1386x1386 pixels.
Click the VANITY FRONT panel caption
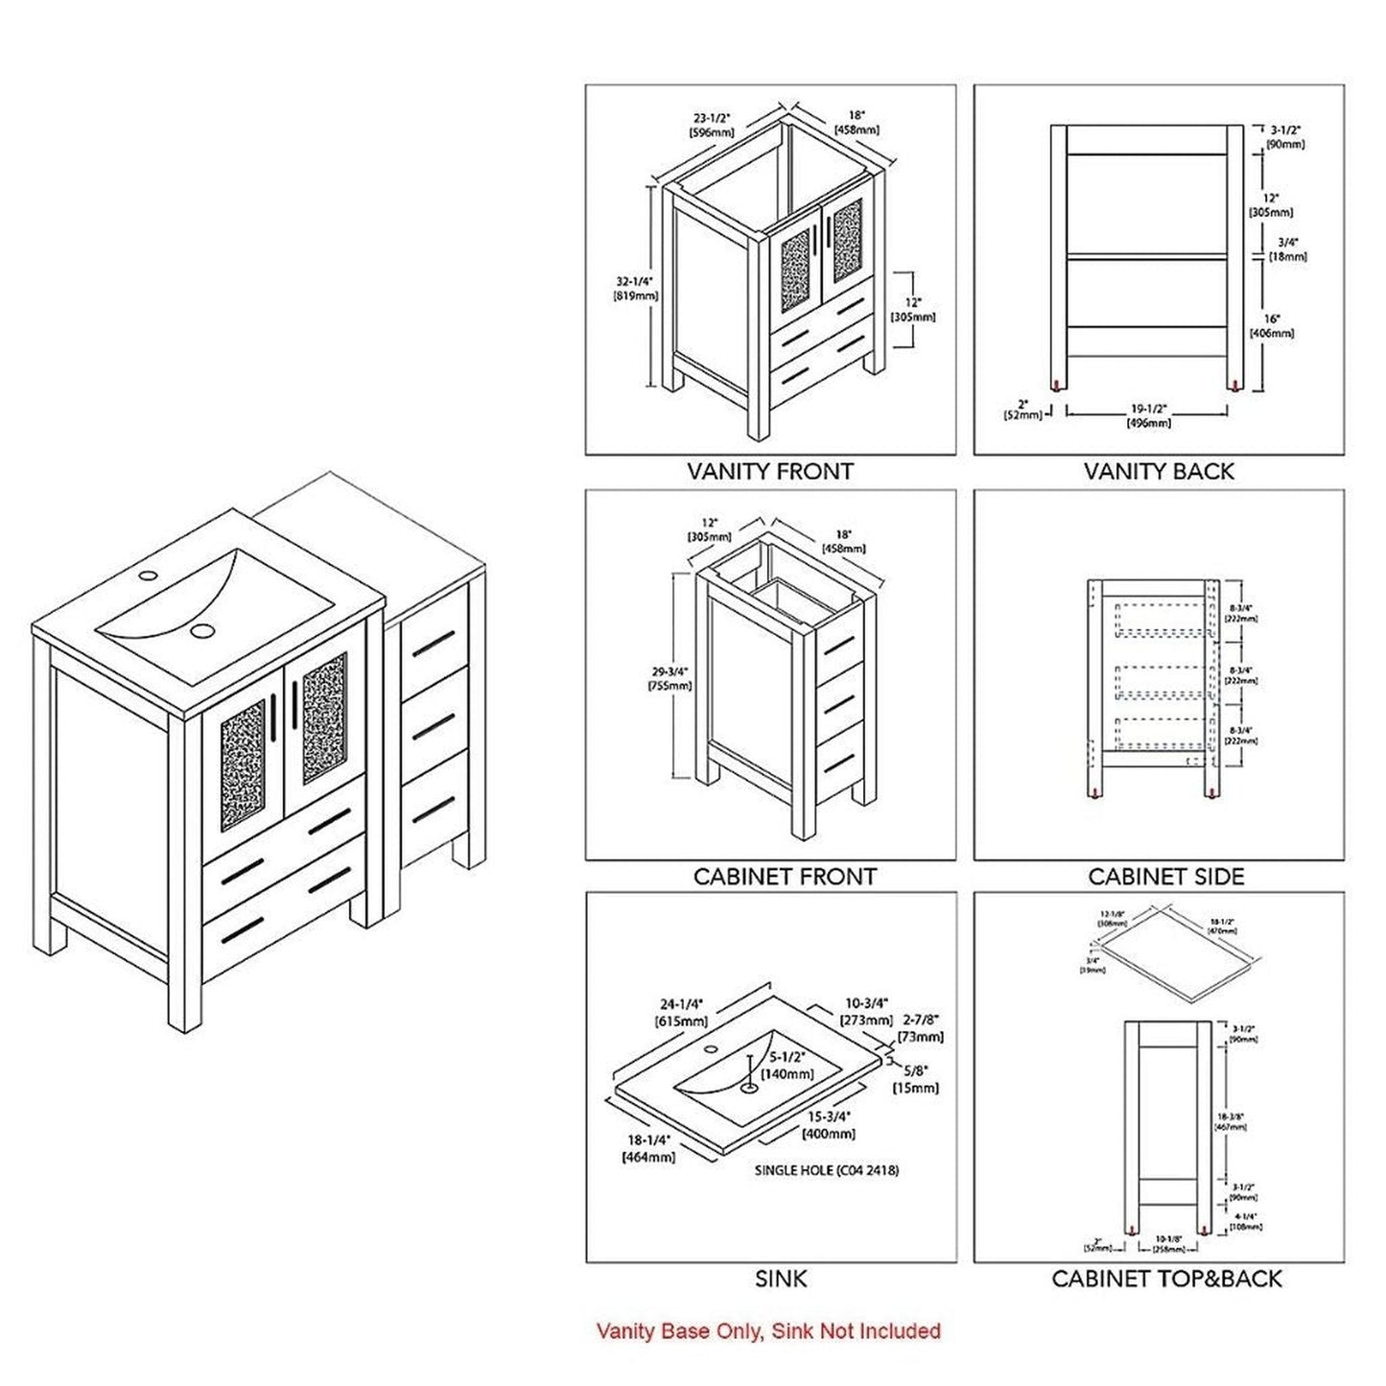(770, 472)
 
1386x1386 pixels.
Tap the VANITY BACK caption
(1159, 472)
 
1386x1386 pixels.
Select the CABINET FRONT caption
(785, 877)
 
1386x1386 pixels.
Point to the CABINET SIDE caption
(1165, 877)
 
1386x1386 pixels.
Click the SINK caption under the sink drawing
(781, 1279)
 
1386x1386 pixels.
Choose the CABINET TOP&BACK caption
(1166, 1279)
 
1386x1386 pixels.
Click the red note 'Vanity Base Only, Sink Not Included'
(768, 1331)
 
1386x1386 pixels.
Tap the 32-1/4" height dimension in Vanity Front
(635, 289)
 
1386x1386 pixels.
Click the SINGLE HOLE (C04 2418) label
(827, 1170)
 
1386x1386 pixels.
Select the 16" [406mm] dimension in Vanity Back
(1271, 326)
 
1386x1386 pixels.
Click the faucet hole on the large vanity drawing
(148, 577)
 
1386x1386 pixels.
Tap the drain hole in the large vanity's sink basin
(203, 630)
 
